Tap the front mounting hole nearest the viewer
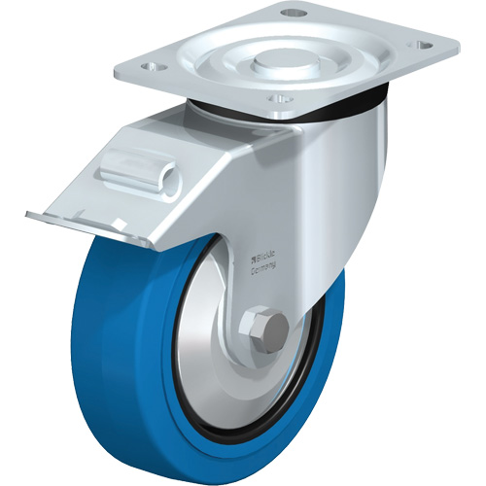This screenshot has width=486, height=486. (279, 98)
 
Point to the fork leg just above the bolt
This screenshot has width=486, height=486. (262, 292)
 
